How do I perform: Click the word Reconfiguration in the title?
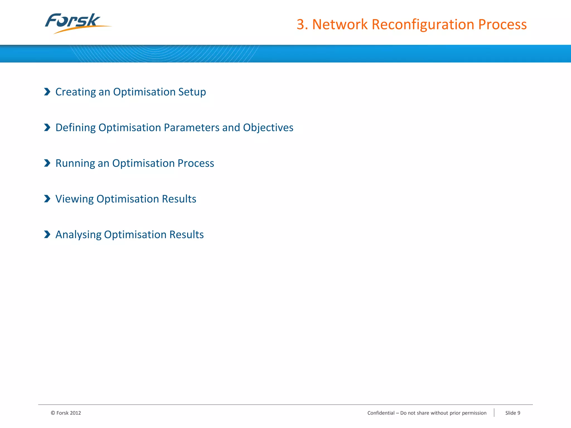click(423, 25)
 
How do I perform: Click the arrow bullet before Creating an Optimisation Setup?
click(47, 92)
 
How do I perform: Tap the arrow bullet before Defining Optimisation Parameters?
click(47, 127)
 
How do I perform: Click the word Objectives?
click(268, 128)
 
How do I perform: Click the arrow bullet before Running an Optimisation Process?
click(47, 163)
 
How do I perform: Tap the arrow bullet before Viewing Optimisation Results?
click(47, 199)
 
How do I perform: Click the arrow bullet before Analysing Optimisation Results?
click(47, 234)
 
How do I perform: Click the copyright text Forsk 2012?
click(66, 413)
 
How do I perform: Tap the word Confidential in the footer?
click(381, 413)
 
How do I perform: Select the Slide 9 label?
click(512, 413)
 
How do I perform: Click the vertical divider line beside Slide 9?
click(494, 413)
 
